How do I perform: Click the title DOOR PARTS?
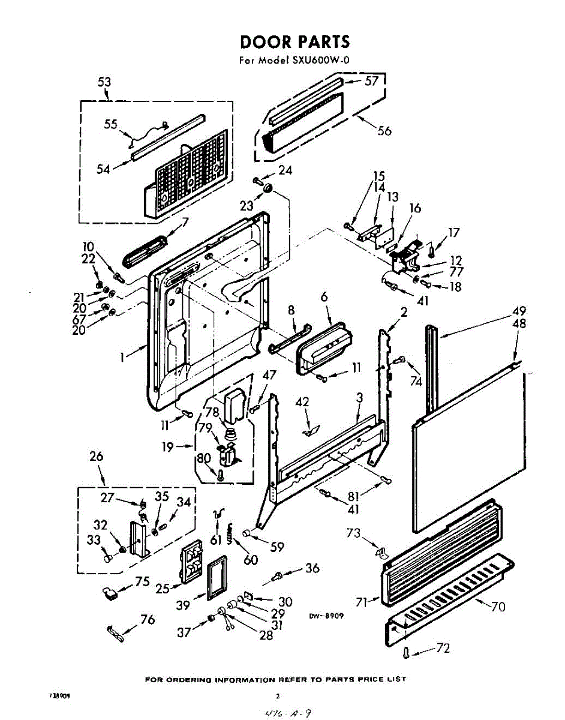tap(294, 41)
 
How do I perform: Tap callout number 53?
tap(104, 82)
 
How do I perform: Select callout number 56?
tap(383, 130)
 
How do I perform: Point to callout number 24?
tap(285, 170)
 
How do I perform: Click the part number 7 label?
tap(185, 222)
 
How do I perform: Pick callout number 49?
tap(519, 311)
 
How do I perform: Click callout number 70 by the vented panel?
tap(497, 607)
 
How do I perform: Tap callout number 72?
tap(443, 648)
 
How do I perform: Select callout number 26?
tap(96, 457)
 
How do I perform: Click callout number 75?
tap(142, 581)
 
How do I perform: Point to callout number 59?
tap(277, 547)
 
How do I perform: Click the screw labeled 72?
tap(407, 652)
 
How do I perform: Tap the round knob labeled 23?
tap(268, 190)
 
